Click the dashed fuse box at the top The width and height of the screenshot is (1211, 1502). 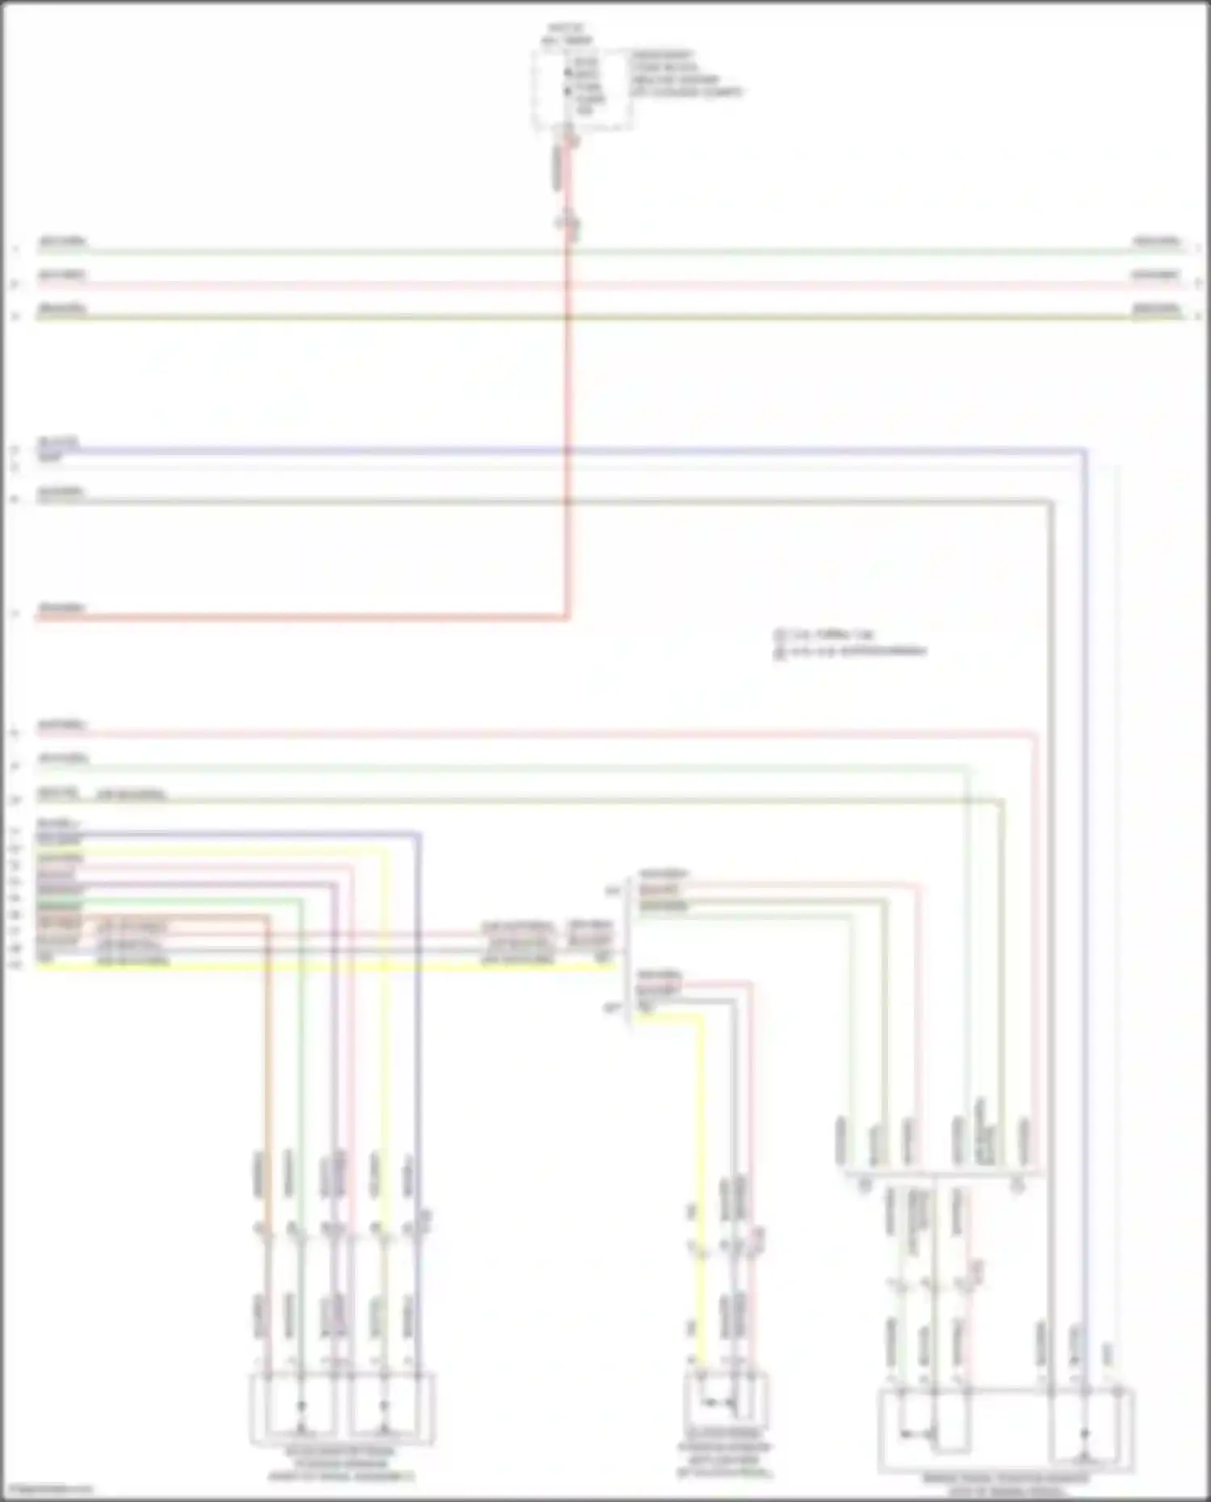coord(581,88)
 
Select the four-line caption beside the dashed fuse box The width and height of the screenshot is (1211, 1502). coord(685,73)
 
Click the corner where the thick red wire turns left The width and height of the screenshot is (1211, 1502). coord(567,617)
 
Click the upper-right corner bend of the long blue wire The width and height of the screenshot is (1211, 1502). coord(1084,451)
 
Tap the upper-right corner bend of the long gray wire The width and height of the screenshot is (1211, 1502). coord(1050,502)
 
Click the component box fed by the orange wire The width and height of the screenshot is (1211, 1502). coord(342,1408)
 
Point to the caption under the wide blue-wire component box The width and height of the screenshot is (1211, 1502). coord(1005,1485)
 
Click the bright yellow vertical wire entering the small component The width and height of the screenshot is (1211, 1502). coord(701,1170)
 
